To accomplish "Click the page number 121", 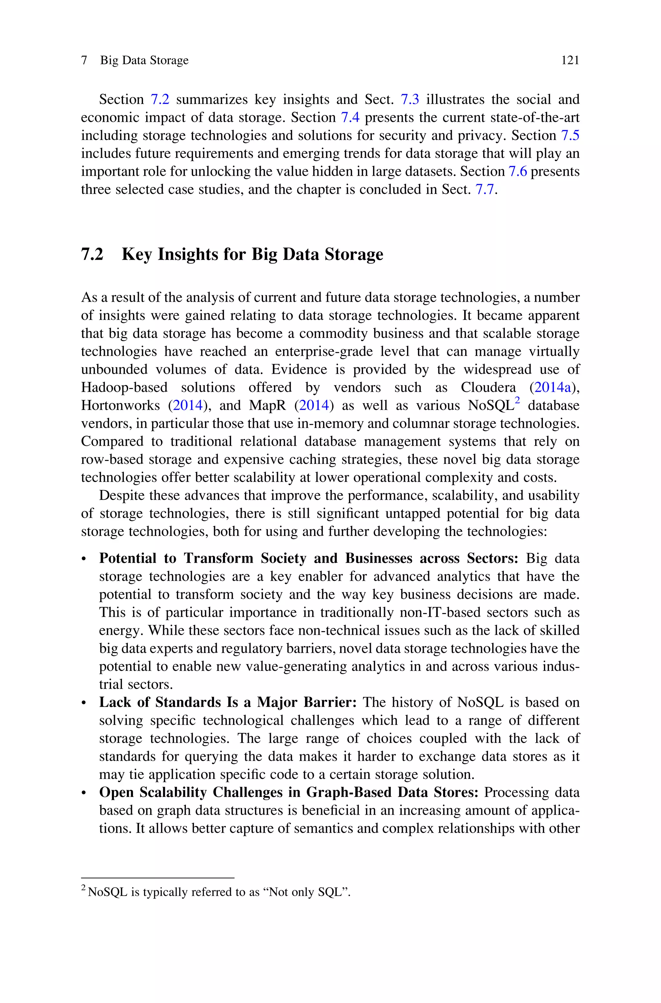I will [570, 61].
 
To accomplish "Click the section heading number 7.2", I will [92, 254].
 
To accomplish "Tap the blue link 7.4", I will [350, 118].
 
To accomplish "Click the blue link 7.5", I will [570, 135].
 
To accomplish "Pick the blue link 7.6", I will [518, 172].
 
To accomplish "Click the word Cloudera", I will [488, 387].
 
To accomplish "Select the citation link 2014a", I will [552, 387].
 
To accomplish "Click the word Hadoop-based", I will [124, 387].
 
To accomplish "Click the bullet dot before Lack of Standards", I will [84, 703].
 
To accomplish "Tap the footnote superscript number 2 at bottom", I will [83, 889].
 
